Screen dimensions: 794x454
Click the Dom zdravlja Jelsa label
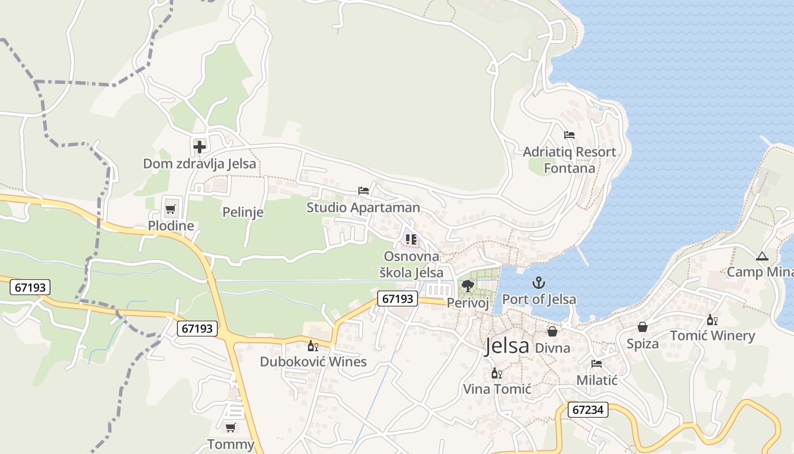pos(199,164)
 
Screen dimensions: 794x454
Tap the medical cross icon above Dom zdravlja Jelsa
pos(199,147)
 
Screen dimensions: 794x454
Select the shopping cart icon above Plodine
pos(170,209)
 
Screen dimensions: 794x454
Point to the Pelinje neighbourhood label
pos(243,212)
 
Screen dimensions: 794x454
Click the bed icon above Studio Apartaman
pos(364,191)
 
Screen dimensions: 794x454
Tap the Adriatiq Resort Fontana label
pos(569,160)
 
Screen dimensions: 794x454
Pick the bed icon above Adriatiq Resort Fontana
pos(569,135)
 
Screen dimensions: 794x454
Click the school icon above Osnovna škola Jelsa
pos(411,239)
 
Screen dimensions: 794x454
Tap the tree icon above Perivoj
pos(468,285)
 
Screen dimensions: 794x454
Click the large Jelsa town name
pos(506,346)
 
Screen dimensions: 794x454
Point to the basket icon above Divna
pos(552,331)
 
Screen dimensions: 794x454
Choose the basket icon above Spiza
pos(643,327)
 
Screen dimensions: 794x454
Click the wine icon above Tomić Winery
pos(712,320)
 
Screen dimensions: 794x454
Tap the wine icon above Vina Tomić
pos(497,373)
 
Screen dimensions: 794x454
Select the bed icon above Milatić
pos(597,363)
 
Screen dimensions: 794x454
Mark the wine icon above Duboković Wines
pos(313,346)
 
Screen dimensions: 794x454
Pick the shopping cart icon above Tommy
pos(230,427)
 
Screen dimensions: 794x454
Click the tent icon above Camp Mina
pos(762,257)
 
